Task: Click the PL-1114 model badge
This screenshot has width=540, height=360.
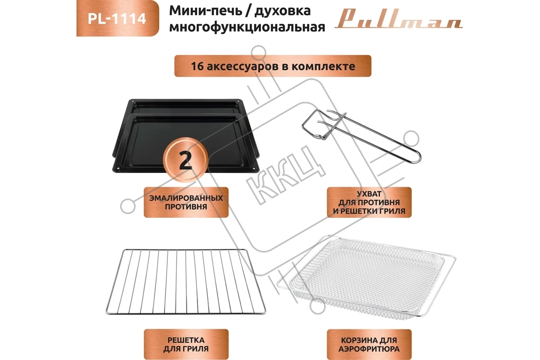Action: pos(117,18)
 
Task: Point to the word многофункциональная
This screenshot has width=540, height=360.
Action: pos(247,27)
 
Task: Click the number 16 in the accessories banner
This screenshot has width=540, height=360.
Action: pos(197,66)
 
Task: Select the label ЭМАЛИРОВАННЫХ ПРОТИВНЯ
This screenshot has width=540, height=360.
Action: pos(186,202)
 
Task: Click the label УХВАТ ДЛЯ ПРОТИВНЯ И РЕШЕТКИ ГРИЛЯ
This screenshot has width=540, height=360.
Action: pos(369,202)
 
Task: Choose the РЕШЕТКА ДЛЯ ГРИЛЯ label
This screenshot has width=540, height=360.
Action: pos(186,344)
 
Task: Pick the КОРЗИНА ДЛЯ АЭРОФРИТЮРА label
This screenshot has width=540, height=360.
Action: pos(369,344)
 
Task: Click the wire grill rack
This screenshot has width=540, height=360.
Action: pos(186,281)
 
